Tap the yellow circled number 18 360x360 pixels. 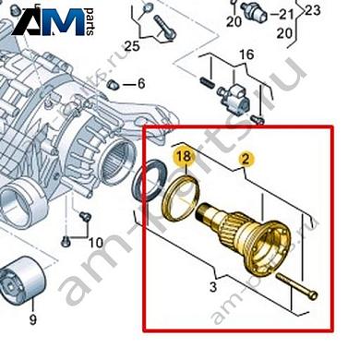(184, 158)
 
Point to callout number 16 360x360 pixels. (245, 55)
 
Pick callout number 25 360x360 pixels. (132, 45)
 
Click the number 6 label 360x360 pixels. (141, 83)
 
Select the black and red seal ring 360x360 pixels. (152, 177)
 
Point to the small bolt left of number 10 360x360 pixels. (66, 242)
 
